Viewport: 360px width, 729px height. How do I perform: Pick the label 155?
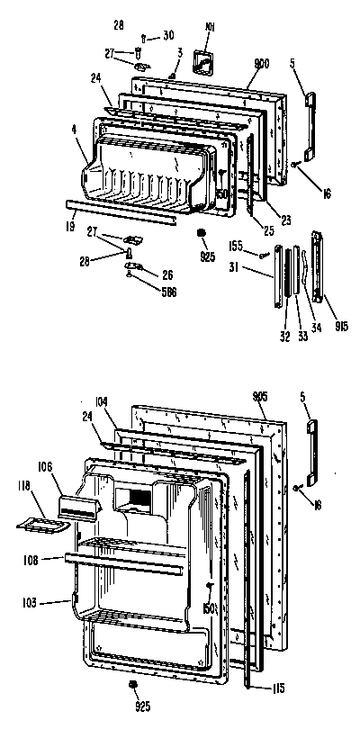click(236, 245)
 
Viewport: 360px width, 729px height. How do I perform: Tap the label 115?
click(278, 688)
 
